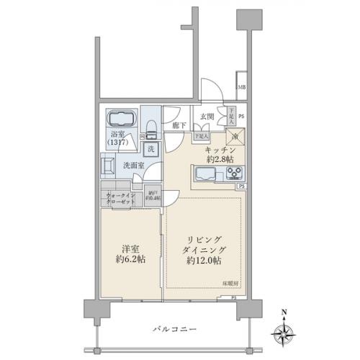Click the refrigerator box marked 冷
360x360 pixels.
[235, 137]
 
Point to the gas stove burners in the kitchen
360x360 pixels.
[235, 173]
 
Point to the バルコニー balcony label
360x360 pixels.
[174, 328]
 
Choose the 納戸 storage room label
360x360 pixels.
[153, 195]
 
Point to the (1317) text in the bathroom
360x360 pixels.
[117, 142]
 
